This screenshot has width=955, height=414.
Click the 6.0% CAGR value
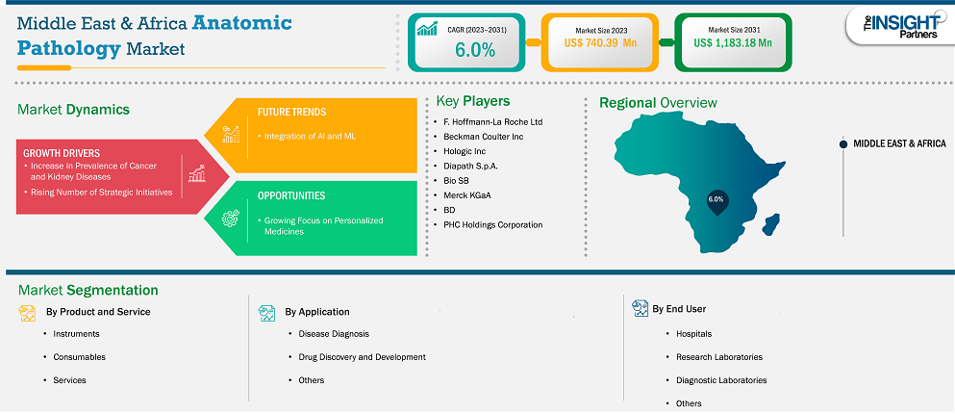click(x=475, y=50)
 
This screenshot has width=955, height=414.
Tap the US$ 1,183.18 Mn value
click(x=733, y=42)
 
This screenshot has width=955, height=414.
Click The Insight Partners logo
click(x=899, y=27)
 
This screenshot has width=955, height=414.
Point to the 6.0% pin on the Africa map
click(x=716, y=202)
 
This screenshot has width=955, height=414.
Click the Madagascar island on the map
click(x=771, y=223)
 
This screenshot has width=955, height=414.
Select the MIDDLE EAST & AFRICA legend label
click(x=899, y=143)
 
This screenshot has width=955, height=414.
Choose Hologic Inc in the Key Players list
click(x=465, y=151)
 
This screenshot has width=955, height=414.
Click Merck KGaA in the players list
click(x=467, y=195)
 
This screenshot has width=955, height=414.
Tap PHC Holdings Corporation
click(x=492, y=224)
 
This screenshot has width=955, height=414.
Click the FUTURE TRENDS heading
click(x=291, y=113)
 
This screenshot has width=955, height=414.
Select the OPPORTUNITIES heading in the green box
click(x=291, y=195)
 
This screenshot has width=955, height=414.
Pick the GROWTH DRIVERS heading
click(x=62, y=153)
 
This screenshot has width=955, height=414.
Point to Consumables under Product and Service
click(x=79, y=356)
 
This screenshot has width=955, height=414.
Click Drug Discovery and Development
click(x=362, y=356)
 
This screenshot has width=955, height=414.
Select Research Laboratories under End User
click(x=719, y=356)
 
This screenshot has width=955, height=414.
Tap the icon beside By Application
click(x=266, y=313)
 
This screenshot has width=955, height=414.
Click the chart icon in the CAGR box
click(x=428, y=28)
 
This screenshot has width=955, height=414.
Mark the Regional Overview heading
click(x=659, y=102)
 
